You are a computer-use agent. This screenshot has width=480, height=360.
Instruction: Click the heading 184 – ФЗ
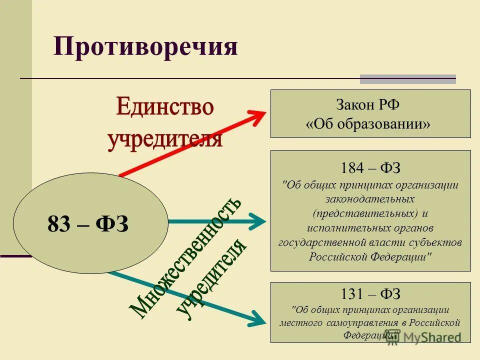(370, 167)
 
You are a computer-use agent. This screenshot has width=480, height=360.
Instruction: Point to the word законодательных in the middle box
(370, 199)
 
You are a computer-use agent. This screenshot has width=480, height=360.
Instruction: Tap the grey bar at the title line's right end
(408, 79)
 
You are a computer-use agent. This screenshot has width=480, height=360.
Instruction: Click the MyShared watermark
(430, 337)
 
